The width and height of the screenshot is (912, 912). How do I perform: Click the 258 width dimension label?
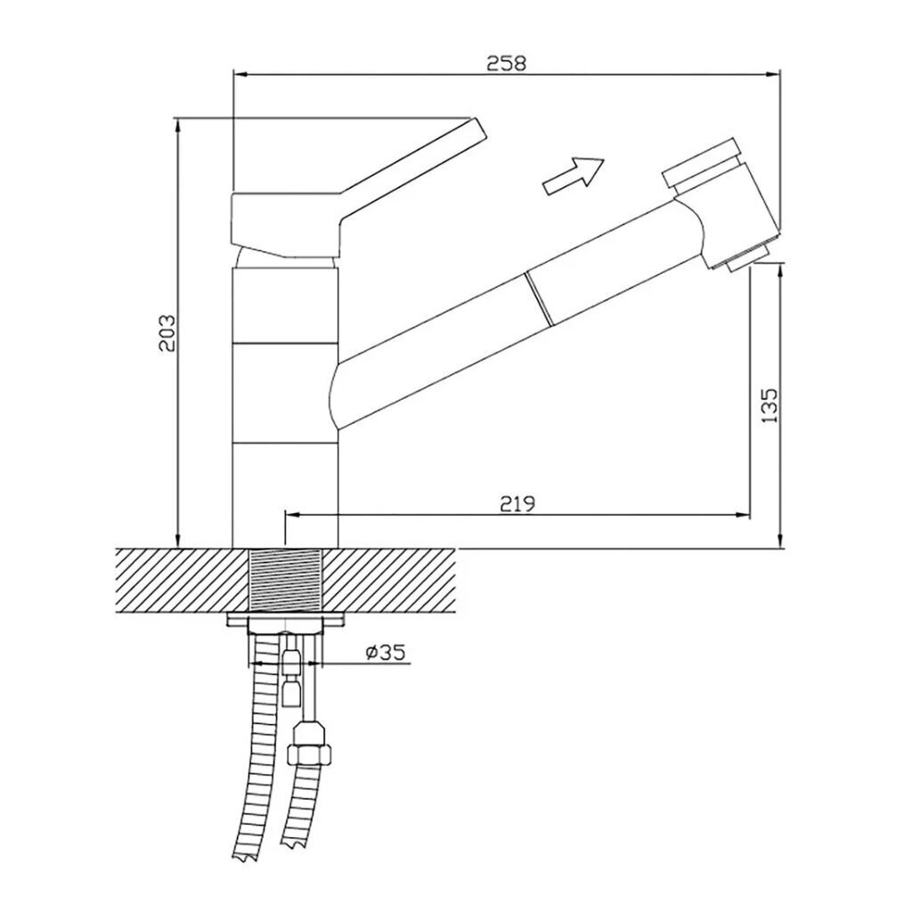[x=506, y=63]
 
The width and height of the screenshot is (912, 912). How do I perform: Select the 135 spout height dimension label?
[x=768, y=404]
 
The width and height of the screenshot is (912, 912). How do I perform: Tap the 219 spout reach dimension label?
[x=517, y=504]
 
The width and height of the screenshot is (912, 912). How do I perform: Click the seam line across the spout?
[x=537, y=297]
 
